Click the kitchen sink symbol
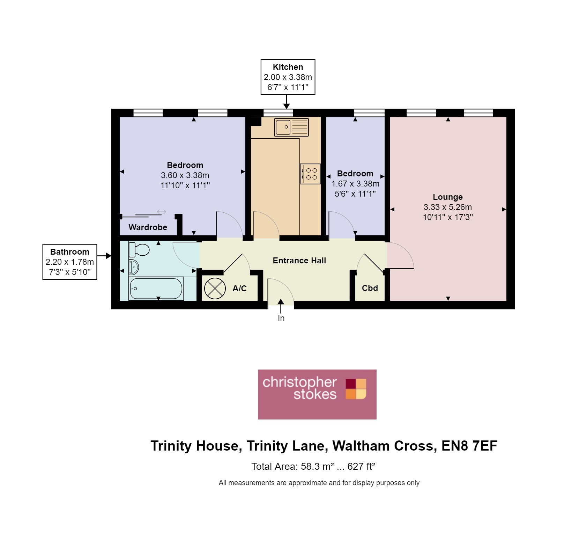291,127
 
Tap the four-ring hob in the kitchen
310,174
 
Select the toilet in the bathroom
139,250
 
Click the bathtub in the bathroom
156,289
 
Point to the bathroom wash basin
134,268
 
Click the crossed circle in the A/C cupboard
215,289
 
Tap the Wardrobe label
148,227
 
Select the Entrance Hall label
299,261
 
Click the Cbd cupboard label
370,288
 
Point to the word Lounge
447,197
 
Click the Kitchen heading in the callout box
288,67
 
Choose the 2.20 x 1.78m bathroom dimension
70,262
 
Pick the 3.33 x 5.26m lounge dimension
447,207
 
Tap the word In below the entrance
281,318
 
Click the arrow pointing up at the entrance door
281,306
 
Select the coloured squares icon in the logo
356,389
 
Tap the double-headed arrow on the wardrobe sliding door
161,212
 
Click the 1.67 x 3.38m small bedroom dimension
355,184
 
